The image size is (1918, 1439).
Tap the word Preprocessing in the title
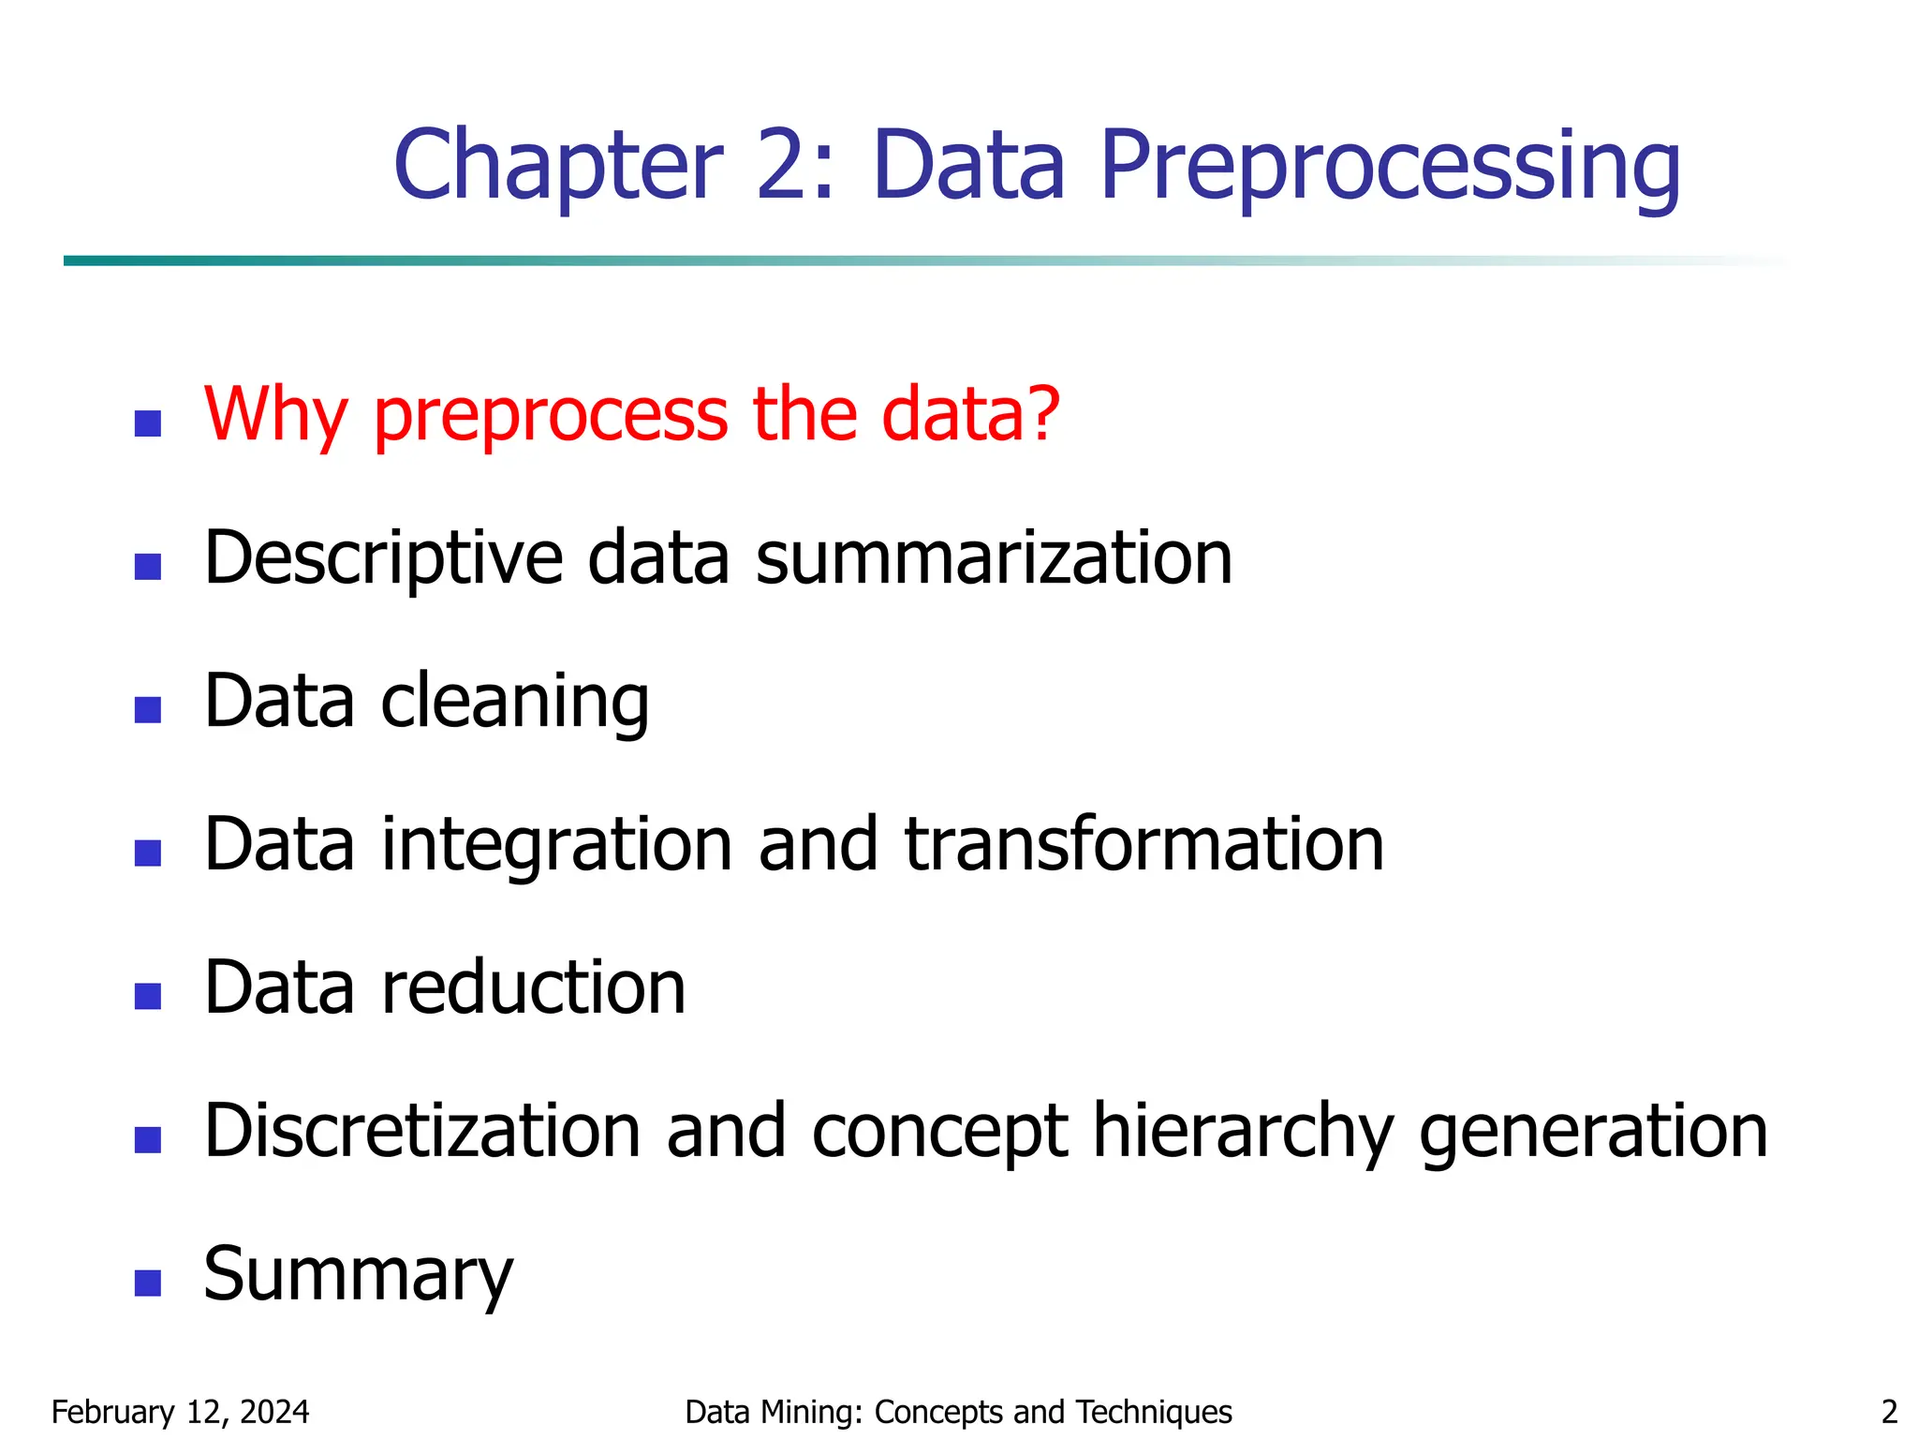(1390, 167)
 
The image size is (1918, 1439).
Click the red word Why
(275, 415)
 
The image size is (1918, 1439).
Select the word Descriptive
(383, 558)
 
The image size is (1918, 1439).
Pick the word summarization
(994, 558)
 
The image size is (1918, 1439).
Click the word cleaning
(514, 702)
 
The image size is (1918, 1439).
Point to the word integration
(556, 845)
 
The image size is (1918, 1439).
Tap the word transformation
(1143, 845)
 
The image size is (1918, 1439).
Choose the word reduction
(533, 988)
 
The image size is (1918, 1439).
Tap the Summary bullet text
(359, 1275)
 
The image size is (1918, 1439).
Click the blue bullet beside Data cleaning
(148, 709)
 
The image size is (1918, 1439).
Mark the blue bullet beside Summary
(148, 1283)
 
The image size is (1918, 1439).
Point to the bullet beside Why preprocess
(148, 423)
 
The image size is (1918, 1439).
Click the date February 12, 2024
(180, 1412)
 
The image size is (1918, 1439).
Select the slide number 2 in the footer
(1889, 1412)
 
